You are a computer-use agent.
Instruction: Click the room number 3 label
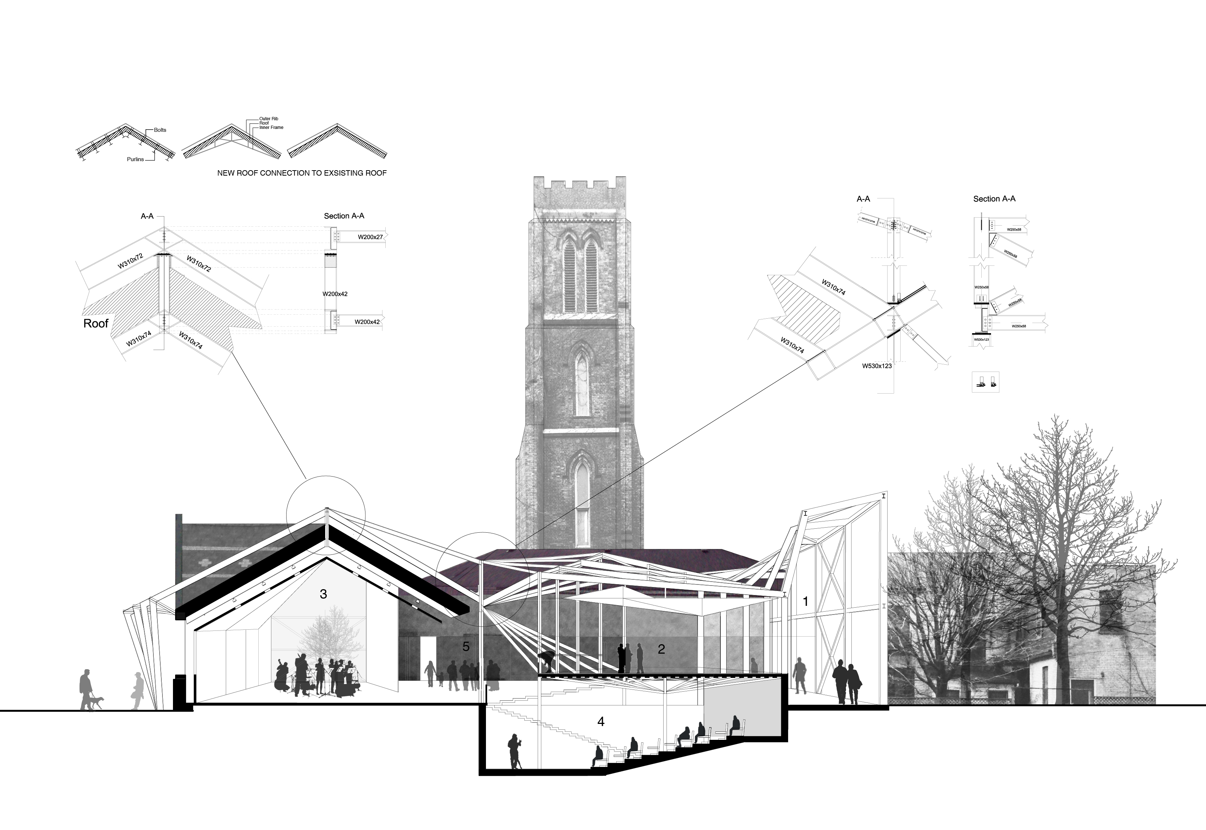click(323, 594)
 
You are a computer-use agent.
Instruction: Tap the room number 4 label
click(601, 722)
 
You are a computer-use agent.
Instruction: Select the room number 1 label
click(805, 602)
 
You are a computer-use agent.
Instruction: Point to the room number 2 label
click(661, 649)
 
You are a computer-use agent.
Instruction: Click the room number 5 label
click(466, 646)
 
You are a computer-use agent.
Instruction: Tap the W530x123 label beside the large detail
click(877, 366)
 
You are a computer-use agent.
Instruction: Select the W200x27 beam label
click(370, 237)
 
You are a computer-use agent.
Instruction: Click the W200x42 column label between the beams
click(335, 294)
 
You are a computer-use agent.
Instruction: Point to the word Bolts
click(160, 130)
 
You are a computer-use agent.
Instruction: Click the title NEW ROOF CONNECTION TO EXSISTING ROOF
click(302, 173)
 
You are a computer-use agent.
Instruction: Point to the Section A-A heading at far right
click(994, 199)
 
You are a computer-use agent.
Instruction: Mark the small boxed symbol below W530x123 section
click(985, 383)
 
